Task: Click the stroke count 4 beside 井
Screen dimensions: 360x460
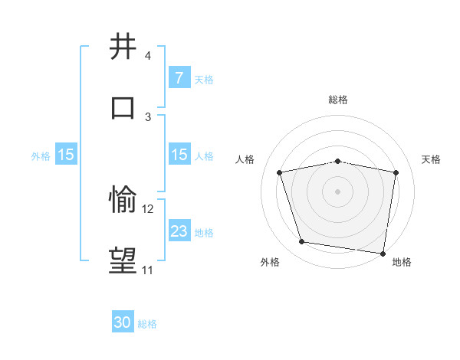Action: (148, 56)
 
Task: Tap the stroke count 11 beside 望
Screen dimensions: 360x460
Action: (147, 270)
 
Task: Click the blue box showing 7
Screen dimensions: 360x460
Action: (179, 78)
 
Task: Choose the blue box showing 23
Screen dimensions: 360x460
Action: (179, 231)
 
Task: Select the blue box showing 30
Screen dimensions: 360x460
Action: (123, 323)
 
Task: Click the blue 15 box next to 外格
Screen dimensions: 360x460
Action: (66, 155)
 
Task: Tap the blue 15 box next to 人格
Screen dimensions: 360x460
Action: (179, 155)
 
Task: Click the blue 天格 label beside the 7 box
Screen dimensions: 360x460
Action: (204, 79)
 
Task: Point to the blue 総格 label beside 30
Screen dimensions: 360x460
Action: (147, 324)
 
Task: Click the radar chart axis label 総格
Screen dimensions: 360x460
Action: (338, 100)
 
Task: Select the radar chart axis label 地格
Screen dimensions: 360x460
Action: (402, 262)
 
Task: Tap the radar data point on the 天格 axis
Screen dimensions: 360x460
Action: (396, 173)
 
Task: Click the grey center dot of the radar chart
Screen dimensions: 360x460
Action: (338, 191)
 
